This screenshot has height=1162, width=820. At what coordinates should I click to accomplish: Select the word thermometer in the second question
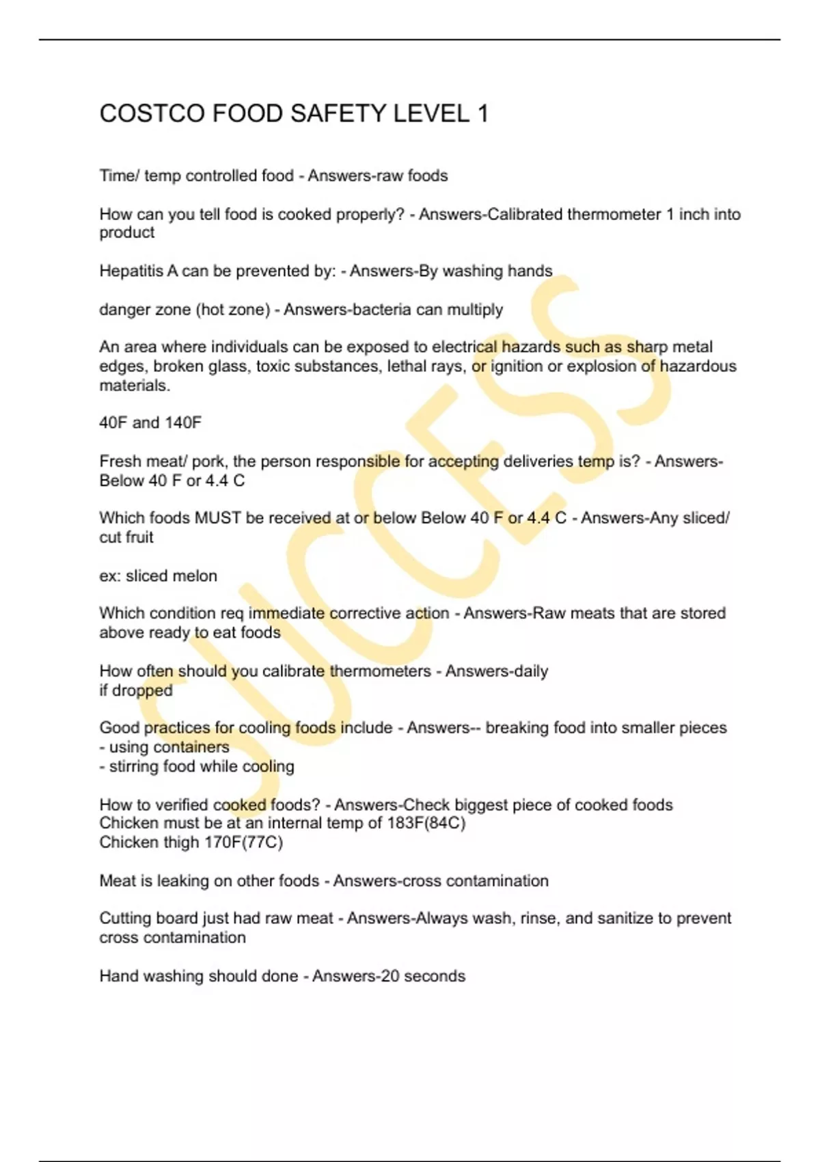tap(614, 215)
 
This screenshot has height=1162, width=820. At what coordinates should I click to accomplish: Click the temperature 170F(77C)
tap(243, 842)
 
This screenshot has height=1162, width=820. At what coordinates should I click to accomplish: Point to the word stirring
tap(133, 766)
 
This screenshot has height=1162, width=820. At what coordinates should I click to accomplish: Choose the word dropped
tap(142, 690)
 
